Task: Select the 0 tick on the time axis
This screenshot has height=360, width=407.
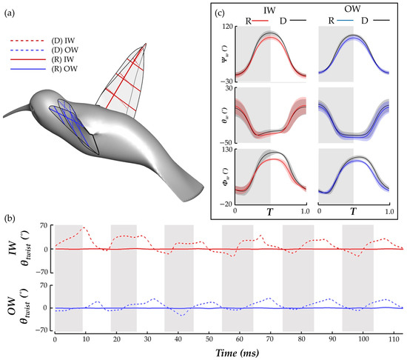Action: point(55,339)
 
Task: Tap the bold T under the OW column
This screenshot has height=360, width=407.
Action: point(352,211)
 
